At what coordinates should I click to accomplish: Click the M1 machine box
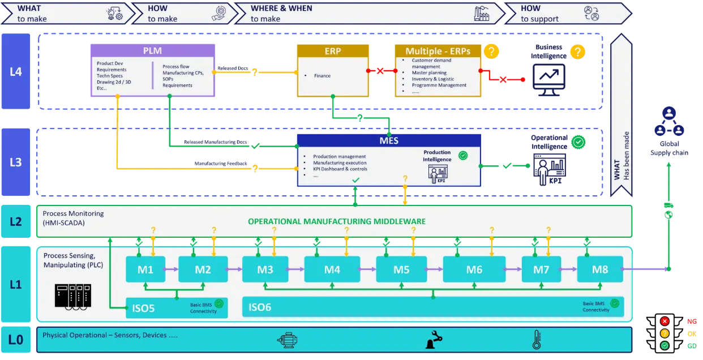145,269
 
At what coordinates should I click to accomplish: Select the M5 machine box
401,269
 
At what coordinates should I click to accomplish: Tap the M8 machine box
600,269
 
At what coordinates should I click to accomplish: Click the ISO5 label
144,308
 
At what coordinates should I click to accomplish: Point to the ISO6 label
260,307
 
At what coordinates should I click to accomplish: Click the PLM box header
152,50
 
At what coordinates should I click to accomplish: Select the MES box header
388,140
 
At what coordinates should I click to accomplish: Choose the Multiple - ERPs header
438,51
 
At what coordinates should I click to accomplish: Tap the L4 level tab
16,71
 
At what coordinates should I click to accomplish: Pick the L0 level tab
16,339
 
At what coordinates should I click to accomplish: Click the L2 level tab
16,221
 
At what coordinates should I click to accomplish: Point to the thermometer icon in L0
536,339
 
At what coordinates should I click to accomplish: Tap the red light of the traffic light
665,322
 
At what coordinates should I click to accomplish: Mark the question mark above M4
346,230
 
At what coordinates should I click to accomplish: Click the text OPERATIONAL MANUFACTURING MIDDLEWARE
337,221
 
